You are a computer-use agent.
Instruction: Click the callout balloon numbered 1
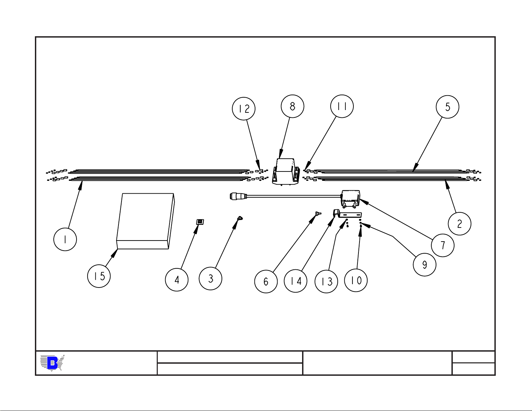65,239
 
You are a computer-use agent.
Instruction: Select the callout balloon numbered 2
460,223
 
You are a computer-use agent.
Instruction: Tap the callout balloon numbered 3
210,278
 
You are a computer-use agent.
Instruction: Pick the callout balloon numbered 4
177,279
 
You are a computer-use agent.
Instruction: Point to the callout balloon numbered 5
447,107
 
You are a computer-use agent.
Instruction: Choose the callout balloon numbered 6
266,281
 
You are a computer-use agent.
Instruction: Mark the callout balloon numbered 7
443,245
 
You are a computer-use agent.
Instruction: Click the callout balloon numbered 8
293,106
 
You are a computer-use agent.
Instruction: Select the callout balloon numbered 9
425,264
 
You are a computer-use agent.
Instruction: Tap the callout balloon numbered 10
356,280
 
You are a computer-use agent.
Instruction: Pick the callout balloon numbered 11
342,106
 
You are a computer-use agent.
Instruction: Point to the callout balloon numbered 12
244,109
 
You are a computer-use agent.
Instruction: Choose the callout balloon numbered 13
326,281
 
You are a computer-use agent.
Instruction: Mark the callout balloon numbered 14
295,280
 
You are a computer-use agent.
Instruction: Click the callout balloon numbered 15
99,276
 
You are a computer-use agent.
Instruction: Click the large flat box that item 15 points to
145,221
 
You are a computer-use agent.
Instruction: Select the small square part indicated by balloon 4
200,222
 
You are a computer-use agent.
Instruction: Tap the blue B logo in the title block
52,363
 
